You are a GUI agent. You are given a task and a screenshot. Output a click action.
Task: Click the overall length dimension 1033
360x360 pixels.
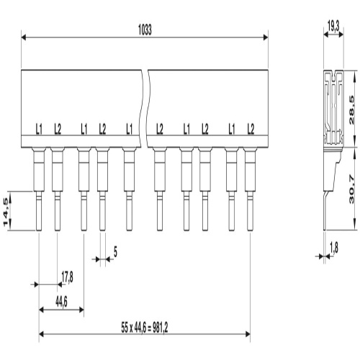pos(145,30)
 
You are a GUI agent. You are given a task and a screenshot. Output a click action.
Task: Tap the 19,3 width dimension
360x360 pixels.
pos(333,26)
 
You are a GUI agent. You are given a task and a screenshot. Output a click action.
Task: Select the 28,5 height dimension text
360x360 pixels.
pos(351,110)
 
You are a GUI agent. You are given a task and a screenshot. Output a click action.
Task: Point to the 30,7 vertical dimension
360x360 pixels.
pos(351,189)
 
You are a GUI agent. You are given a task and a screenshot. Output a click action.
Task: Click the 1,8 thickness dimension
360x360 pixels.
pos(334,248)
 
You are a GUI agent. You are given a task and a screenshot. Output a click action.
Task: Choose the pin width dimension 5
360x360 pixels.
pos(115,253)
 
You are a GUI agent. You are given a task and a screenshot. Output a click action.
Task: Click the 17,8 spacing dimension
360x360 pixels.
pos(67,278)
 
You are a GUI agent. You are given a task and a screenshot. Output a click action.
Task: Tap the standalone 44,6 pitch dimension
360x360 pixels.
pos(61,302)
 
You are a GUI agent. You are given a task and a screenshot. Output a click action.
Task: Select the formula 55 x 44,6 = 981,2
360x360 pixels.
pos(145,328)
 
